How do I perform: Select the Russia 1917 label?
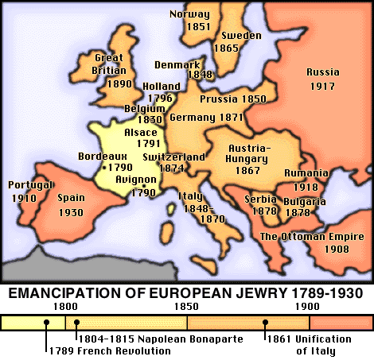point(323,79)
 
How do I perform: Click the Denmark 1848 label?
point(195,68)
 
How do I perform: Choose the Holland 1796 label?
point(161,92)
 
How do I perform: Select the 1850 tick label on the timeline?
point(186,306)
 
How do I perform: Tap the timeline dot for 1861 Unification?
point(266,323)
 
